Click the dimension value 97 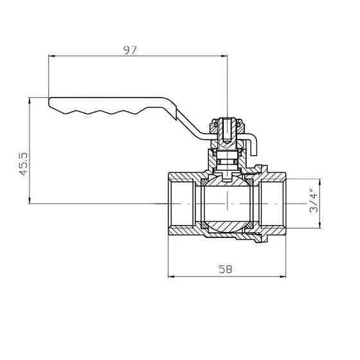(x=130, y=51)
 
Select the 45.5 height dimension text (x=23, y=164)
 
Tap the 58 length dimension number (x=225, y=269)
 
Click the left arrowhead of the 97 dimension (x=52, y=55)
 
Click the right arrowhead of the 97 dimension (x=224, y=55)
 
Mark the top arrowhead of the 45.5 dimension (x=30, y=100)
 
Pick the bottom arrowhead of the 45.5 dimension (x=30, y=200)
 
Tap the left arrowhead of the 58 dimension (x=172, y=276)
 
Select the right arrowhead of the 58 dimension (x=283, y=276)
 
